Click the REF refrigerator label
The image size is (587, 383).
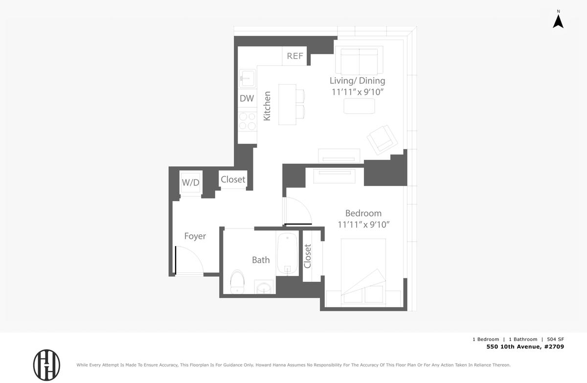pyautogui.click(x=295, y=56)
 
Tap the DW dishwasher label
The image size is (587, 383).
pyautogui.click(x=247, y=98)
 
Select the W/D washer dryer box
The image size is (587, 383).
pyautogui.click(x=190, y=182)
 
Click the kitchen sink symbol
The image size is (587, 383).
pyautogui.click(x=247, y=78)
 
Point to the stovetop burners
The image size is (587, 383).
pyautogui.click(x=248, y=121)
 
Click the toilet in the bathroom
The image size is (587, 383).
pyautogui.click(x=237, y=282)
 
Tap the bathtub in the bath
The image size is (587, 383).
pyautogui.click(x=288, y=253)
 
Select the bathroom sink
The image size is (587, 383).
pyautogui.click(x=264, y=287)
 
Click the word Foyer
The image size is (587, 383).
pyautogui.click(x=195, y=236)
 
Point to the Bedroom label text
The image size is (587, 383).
pyautogui.click(x=363, y=213)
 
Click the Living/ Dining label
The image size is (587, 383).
pyautogui.click(x=358, y=81)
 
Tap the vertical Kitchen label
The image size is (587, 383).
pyautogui.click(x=267, y=106)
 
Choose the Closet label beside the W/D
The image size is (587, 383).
pyautogui.click(x=233, y=180)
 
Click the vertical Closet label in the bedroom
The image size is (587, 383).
pyautogui.click(x=307, y=256)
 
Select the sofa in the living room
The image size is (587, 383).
pyautogui.click(x=359, y=60)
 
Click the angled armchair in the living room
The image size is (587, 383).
pyautogui.click(x=383, y=140)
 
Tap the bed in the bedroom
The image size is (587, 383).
pyautogui.click(x=363, y=271)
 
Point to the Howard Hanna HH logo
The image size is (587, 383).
pyautogui.click(x=46, y=365)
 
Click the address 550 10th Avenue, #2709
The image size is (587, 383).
pyautogui.click(x=525, y=347)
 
